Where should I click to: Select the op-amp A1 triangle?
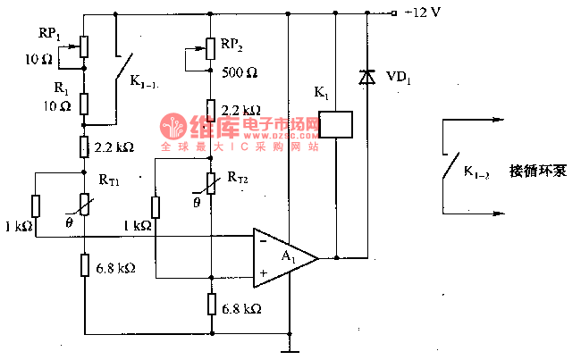[x=282, y=255]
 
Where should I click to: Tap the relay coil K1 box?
[x=335, y=123]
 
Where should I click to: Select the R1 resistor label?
[x=60, y=89]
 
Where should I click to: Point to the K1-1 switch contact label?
[x=145, y=82]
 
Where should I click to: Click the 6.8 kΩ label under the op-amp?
[x=241, y=308]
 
